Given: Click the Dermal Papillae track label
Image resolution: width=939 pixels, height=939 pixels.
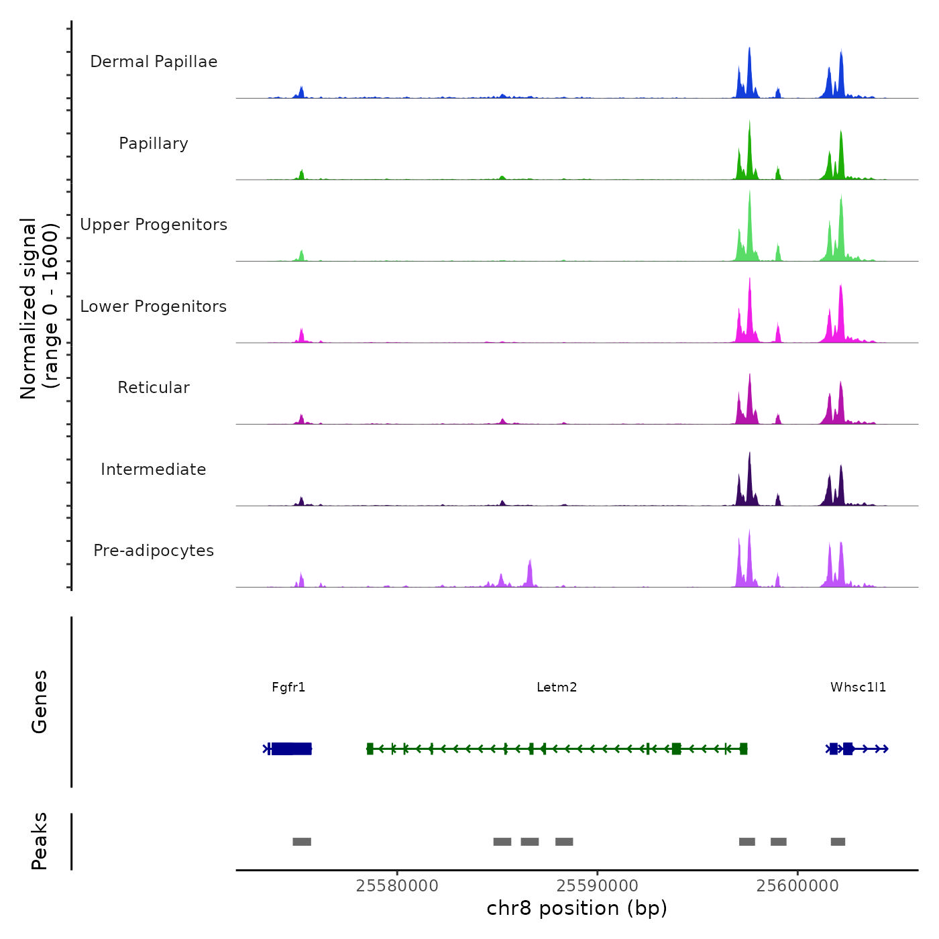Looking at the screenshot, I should coord(154,62).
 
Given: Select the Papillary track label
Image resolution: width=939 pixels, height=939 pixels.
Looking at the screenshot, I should coord(154,144).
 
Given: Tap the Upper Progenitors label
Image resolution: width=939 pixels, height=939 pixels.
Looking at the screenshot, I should coord(154,225).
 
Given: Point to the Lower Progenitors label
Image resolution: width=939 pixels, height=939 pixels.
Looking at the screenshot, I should coord(154,307).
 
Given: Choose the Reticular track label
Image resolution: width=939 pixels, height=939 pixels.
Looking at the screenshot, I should coord(154,388).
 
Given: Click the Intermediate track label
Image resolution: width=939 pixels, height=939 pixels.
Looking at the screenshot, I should coord(154,469).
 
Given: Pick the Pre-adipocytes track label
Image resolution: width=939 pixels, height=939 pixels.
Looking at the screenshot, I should coord(154,551).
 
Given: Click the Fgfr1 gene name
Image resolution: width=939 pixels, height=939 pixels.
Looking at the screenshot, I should coord(288,687).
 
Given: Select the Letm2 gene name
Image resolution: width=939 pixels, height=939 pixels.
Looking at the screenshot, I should coord(557,687).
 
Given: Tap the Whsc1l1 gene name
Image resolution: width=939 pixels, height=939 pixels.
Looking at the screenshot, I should coord(858,687).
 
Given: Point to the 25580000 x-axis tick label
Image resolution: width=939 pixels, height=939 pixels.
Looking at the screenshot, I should coord(397,886).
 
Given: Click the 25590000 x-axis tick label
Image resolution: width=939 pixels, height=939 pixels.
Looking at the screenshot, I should coord(598,886).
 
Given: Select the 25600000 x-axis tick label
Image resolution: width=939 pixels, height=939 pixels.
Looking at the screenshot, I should coord(797,886).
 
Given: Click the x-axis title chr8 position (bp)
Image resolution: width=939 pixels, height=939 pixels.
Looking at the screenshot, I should coord(577,908).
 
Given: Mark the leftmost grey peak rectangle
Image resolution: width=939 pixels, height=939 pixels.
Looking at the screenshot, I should coord(302,842).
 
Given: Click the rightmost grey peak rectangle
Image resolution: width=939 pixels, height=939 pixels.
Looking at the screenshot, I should coord(838,842).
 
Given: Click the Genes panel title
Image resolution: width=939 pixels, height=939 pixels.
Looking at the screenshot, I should coord(40,702).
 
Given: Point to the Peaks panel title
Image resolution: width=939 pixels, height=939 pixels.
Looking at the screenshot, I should coord(40,841).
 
